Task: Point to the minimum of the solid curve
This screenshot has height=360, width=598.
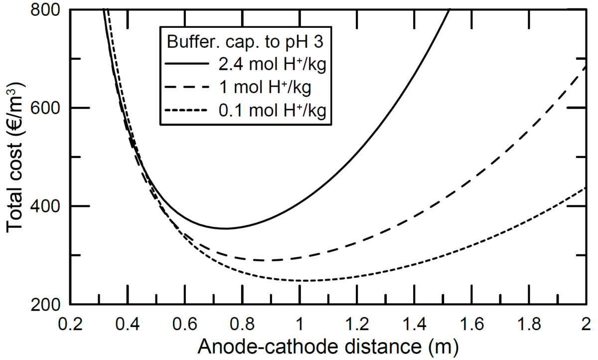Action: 225,228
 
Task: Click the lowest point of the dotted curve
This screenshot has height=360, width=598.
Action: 304,281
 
